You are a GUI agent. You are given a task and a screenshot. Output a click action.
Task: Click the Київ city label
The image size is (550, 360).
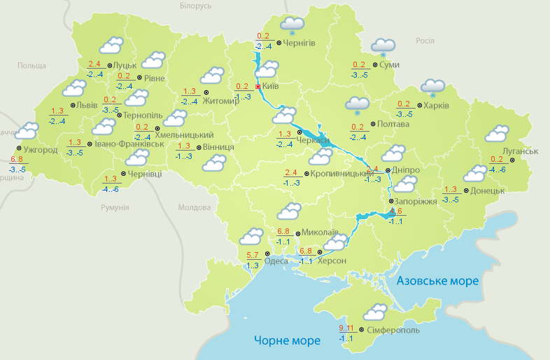click(270, 86)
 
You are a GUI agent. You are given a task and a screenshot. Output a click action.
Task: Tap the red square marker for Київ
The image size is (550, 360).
click(258, 86)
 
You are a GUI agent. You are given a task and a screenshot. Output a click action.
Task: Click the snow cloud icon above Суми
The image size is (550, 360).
click(383, 47)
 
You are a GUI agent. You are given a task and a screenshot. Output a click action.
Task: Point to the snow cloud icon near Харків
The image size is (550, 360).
click(432, 88)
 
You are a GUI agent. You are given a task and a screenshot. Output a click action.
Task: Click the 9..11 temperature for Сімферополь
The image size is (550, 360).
click(346, 328)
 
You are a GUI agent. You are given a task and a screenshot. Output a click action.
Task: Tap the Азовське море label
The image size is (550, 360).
click(437, 281)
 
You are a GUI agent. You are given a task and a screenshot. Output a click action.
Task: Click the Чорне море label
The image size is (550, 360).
click(287, 340)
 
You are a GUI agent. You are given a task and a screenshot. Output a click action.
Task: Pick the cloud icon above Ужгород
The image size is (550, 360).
click(27, 131)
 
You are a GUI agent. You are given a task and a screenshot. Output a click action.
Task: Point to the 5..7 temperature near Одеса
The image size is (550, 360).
click(253, 255)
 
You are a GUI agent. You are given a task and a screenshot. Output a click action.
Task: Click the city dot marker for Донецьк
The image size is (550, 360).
click(466, 191)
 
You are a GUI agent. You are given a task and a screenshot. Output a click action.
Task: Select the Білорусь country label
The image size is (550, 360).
click(195, 6)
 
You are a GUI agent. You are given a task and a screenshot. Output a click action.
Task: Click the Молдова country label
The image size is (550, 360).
click(194, 208)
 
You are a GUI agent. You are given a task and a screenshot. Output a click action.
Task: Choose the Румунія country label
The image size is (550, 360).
click(115, 208)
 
